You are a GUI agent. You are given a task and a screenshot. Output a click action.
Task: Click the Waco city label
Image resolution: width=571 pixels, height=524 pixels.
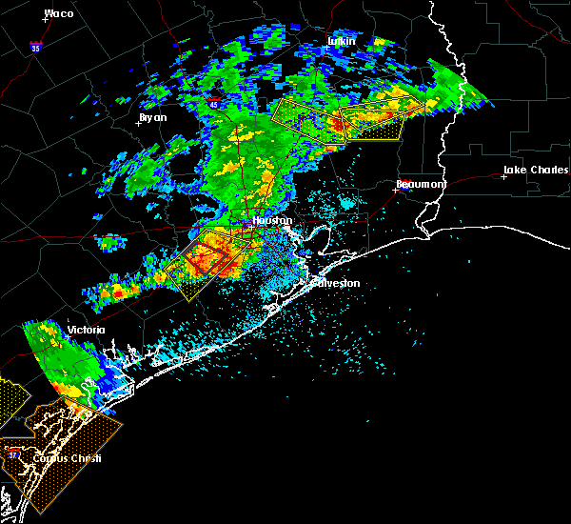59,14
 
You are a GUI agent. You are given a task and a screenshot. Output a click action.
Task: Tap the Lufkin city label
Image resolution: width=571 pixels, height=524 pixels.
340,41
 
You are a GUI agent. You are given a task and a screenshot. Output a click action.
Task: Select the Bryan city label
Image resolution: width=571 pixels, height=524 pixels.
152,117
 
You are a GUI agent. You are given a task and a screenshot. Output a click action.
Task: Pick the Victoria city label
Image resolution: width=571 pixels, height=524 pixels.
86,331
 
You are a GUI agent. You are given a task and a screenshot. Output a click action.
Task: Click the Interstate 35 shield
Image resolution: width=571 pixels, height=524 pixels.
34,45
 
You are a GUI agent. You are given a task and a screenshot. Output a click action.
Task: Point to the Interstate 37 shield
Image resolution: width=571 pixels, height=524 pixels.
13,455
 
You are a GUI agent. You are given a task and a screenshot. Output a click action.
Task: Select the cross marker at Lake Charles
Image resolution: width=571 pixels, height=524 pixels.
503,176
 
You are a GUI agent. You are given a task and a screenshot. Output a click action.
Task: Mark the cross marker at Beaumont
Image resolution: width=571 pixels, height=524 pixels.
395,190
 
